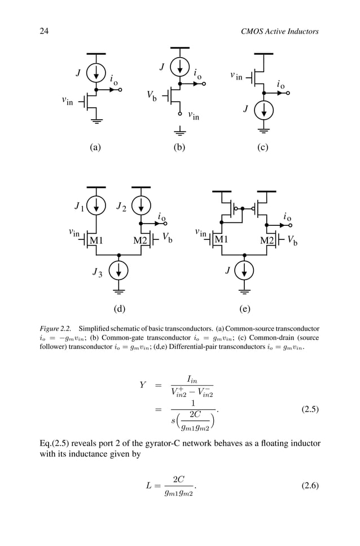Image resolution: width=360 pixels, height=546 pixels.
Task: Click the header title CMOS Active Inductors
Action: pyautogui.click(x=279, y=31)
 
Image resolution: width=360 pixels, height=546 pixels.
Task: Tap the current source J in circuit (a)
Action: pyautogui.click(x=96, y=72)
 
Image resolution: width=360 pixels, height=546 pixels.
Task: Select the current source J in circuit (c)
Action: pyautogui.click(x=264, y=110)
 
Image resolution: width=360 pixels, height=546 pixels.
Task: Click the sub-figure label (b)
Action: pyautogui.click(x=179, y=147)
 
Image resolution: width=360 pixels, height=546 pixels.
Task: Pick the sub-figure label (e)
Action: pyautogui.click(x=244, y=309)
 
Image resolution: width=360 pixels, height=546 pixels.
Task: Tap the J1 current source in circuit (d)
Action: pyautogui.click(x=96, y=205)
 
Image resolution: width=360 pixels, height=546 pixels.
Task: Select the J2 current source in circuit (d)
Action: pyautogui.click(x=141, y=205)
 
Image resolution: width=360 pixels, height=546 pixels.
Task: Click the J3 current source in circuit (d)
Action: pyautogui.click(x=118, y=271)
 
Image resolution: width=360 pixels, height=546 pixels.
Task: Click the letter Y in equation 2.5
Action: pyautogui.click(x=143, y=385)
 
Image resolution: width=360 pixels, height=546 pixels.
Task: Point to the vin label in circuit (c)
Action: pyautogui.click(x=236, y=76)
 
